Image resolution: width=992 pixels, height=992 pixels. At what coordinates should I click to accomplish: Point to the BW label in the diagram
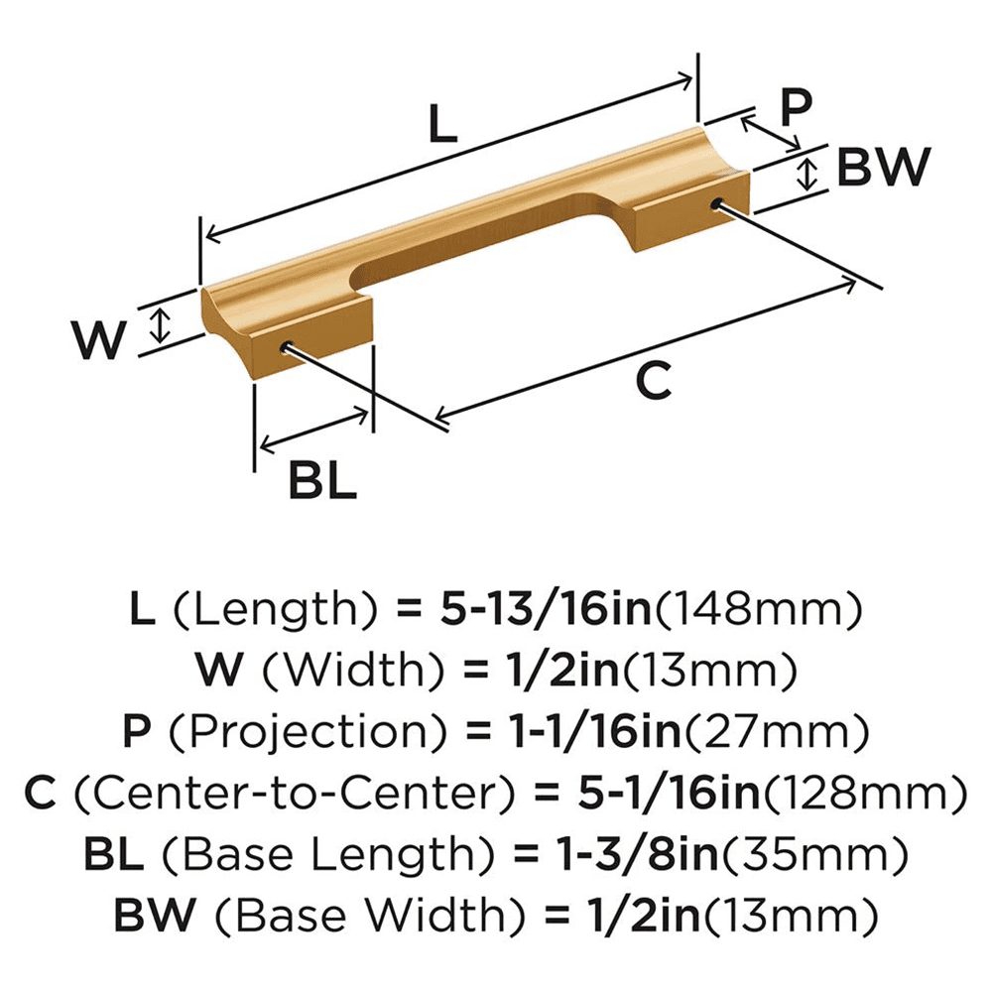tap(882, 168)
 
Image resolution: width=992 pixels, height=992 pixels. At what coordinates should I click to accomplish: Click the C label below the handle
tap(653, 381)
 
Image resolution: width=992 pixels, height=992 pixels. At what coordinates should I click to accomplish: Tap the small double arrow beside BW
tap(808, 174)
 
